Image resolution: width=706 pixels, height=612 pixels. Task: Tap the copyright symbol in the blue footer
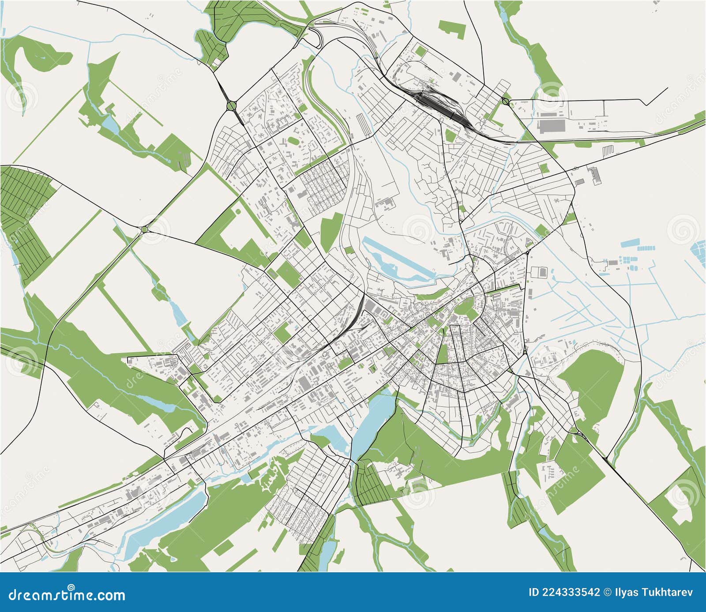click(x=607, y=592)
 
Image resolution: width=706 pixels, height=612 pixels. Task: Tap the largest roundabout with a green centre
click(x=231, y=106)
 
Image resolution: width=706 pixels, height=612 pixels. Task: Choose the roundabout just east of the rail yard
click(x=505, y=101)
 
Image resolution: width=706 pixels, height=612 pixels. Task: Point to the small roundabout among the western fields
click(x=144, y=229)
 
